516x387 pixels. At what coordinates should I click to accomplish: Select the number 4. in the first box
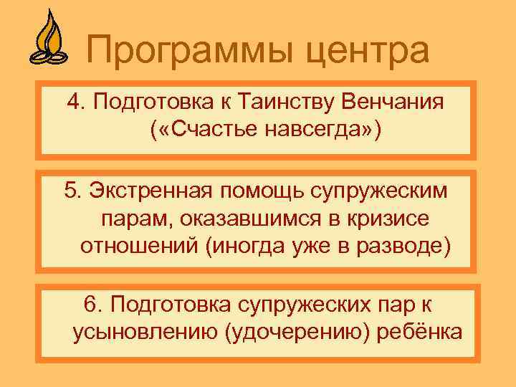pyautogui.click(x=76, y=102)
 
